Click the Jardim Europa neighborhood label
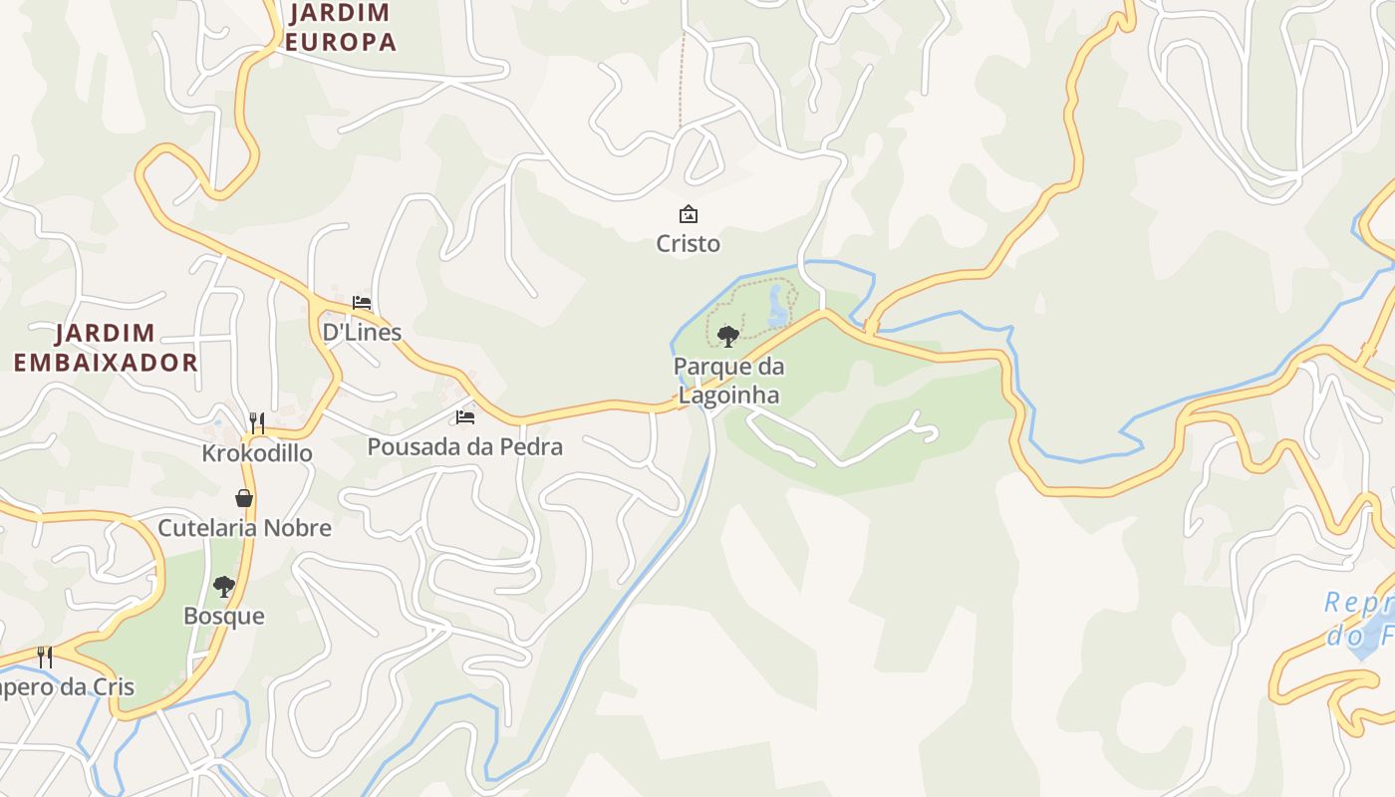[x=342, y=28]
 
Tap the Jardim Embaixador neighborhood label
[x=106, y=348]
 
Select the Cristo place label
[x=688, y=243]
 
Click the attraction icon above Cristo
[x=688, y=214]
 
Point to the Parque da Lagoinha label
[x=728, y=381]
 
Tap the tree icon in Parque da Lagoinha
[x=728, y=336]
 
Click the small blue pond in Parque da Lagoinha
[x=776, y=308]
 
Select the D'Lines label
[x=361, y=332]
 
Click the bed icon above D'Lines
[x=361, y=303]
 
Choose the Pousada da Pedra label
[x=464, y=446]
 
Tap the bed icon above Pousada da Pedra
[x=464, y=417]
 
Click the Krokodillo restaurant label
[x=257, y=453]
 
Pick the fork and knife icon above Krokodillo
[x=257, y=422]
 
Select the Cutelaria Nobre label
[x=244, y=528]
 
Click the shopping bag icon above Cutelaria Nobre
[x=244, y=498]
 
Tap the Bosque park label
[x=224, y=616]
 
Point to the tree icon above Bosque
[x=224, y=587]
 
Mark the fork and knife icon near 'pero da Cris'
[x=45, y=657]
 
